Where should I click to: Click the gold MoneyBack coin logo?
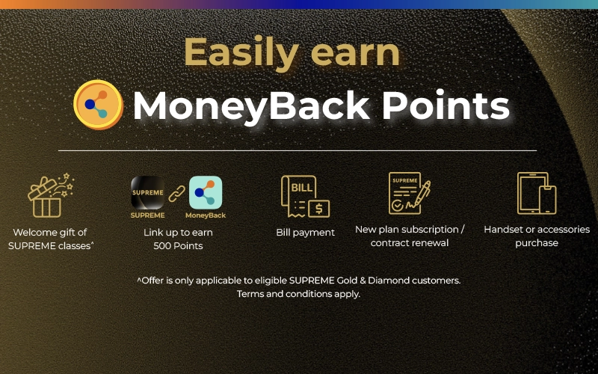(x=98, y=105)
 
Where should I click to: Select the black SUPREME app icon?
(x=147, y=192)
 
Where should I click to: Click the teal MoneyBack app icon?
(x=206, y=192)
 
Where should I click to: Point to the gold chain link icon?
(x=177, y=194)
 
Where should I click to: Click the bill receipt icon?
(x=305, y=197)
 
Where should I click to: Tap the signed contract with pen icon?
(x=409, y=193)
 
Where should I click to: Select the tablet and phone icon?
(x=537, y=193)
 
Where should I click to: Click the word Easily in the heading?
(x=241, y=52)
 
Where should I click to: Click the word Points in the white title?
(x=446, y=105)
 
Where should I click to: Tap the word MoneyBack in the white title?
(x=251, y=107)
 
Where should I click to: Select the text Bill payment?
(x=306, y=233)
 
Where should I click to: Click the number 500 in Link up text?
(x=161, y=246)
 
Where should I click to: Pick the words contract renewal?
(x=410, y=242)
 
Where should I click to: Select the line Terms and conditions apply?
(x=298, y=294)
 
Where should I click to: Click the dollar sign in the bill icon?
(x=319, y=209)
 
